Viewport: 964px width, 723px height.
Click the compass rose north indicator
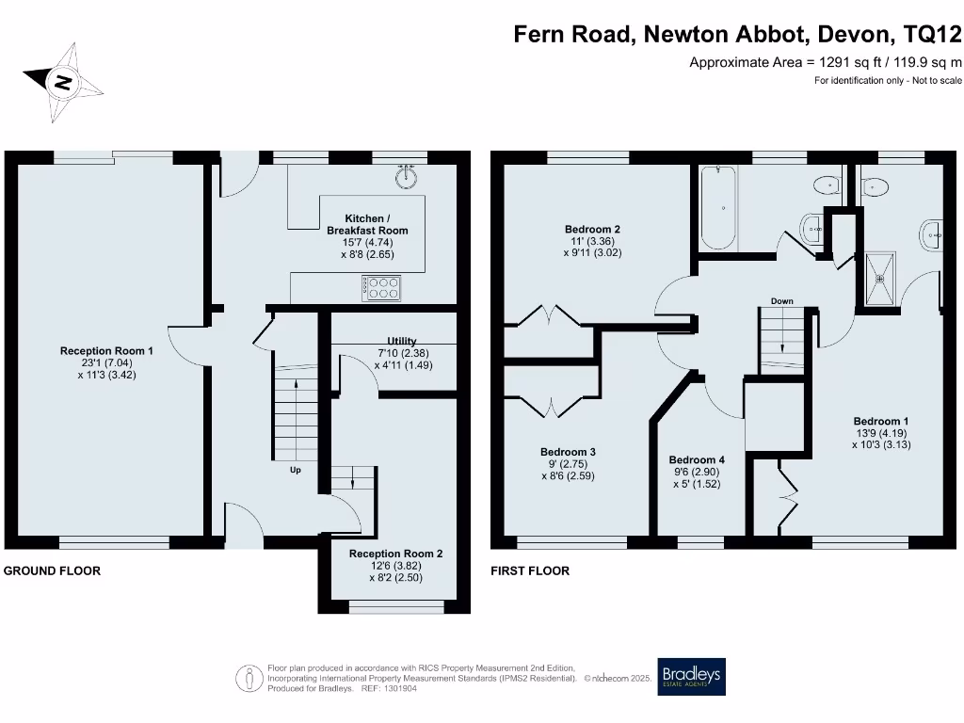(x=63, y=82)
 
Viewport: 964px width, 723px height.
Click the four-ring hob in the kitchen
(x=381, y=287)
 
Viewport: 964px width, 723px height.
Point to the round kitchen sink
(x=407, y=176)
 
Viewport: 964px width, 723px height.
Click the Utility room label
(x=402, y=353)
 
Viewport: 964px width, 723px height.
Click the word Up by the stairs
(x=295, y=469)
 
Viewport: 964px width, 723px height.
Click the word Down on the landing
(x=782, y=301)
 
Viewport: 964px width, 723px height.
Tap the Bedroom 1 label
(x=881, y=433)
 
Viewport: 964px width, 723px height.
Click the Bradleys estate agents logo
(x=692, y=676)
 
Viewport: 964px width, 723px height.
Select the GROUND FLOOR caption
(x=52, y=570)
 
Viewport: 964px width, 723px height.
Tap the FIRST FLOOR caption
(x=530, y=570)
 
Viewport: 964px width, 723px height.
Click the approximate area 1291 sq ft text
(x=826, y=62)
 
